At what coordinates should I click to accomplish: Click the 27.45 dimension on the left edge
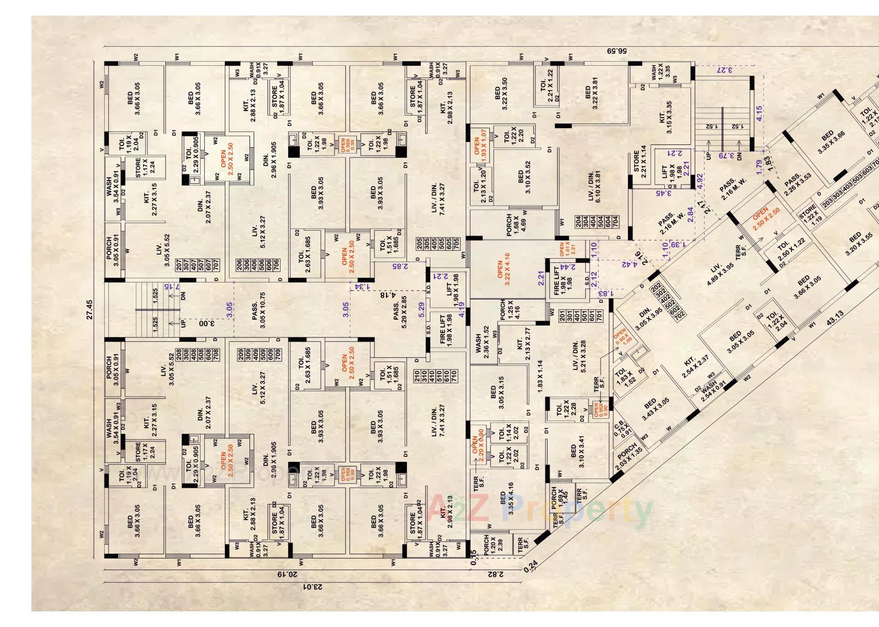click(x=89, y=310)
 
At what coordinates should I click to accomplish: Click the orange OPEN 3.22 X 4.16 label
click(x=504, y=269)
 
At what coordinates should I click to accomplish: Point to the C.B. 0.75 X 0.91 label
click(x=622, y=427)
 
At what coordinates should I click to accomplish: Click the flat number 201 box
click(x=562, y=316)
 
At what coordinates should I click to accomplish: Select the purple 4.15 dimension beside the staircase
click(x=760, y=113)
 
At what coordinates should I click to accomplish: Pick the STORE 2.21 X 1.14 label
click(x=640, y=161)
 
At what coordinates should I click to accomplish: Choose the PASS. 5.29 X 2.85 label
click(x=400, y=312)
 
